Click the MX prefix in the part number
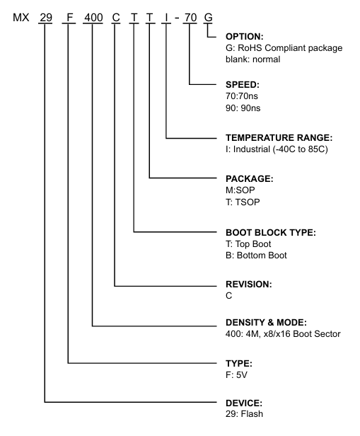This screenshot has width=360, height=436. pyautogui.click(x=21, y=18)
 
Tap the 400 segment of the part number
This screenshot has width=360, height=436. pyautogui.click(x=93, y=18)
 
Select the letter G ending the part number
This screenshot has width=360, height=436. pyautogui.click(x=208, y=18)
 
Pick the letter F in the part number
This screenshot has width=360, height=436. pyautogui.click(x=69, y=18)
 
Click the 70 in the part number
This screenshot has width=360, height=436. pyautogui.click(x=190, y=18)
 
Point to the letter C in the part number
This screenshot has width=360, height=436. pyautogui.click(x=116, y=18)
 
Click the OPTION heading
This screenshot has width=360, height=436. pyautogui.click(x=245, y=36)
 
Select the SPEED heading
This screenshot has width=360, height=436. pyautogui.click(x=243, y=84)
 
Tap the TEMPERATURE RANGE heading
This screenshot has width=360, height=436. pyautogui.click(x=279, y=137)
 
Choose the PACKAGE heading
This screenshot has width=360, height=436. pyautogui.click(x=250, y=178)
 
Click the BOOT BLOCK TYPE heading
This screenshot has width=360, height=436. pyautogui.click(x=271, y=232)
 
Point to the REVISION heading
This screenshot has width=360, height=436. pyautogui.click(x=249, y=285)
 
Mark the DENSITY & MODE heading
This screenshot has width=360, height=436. pyautogui.click(x=266, y=322)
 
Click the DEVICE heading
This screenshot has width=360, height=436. pyautogui.click(x=244, y=403)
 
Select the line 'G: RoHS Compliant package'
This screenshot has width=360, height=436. pyautogui.click(x=284, y=48)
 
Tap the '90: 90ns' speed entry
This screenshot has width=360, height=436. pyautogui.click(x=243, y=108)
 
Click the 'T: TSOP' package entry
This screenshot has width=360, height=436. pyautogui.click(x=243, y=202)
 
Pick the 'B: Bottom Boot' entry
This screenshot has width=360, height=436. pyautogui.click(x=256, y=256)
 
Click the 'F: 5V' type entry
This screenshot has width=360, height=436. pyautogui.click(x=236, y=375)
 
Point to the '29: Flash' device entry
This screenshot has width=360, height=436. pyautogui.click(x=244, y=414)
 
